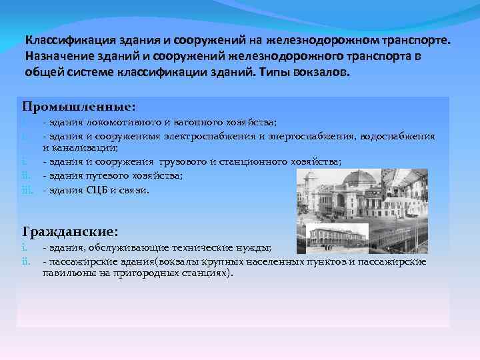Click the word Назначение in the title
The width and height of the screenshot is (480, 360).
(59, 55)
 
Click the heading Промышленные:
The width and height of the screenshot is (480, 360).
(79, 107)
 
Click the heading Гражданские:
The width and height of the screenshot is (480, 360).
(71, 232)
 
